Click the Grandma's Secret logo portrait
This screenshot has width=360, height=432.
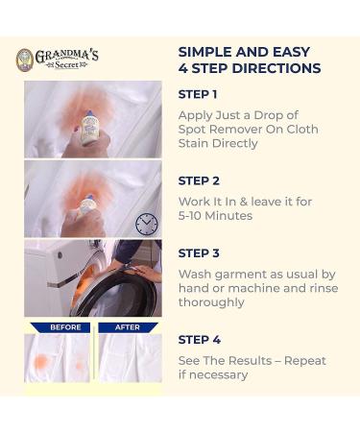(25, 60)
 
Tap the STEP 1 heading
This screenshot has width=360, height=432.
(198, 94)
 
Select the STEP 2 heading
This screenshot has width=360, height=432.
(199, 180)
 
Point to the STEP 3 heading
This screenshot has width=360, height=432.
(199, 253)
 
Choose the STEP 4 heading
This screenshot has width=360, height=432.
(199, 340)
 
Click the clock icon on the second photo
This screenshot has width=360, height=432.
(146, 224)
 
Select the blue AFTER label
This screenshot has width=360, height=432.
(129, 327)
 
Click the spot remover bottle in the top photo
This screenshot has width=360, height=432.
(90, 126)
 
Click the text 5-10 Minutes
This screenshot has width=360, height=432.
(215, 216)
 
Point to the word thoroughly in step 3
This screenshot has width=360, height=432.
(211, 302)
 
